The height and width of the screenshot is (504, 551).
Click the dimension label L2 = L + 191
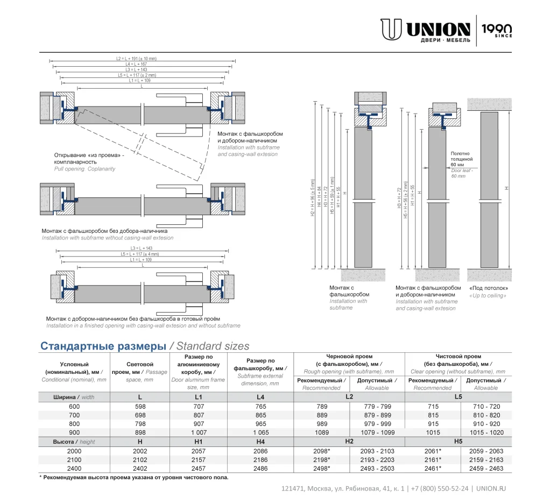click(x=136, y=58)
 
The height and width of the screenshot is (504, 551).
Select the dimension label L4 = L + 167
click(x=136, y=64)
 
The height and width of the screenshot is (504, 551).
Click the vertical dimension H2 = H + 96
click(x=313, y=198)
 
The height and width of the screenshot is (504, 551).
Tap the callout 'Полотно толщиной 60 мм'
click(x=461, y=159)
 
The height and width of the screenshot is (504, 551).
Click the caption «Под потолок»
click(x=488, y=288)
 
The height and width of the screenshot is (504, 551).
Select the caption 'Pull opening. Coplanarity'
click(x=84, y=169)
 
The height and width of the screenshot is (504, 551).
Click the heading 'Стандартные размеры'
click(x=103, y=346)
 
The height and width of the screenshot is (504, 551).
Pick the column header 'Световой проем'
click(x=139, y=368)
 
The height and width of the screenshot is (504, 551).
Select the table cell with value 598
click(x=140, y=407)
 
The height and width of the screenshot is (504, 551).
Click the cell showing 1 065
click(x=260, y=432)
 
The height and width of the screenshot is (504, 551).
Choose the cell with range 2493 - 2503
click(x=377, y=468)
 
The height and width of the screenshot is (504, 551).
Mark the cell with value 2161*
click(x=433, y=460)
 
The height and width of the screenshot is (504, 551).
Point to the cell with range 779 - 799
click(x=377, y=407)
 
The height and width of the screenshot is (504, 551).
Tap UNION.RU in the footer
click(x=491, y=488)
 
